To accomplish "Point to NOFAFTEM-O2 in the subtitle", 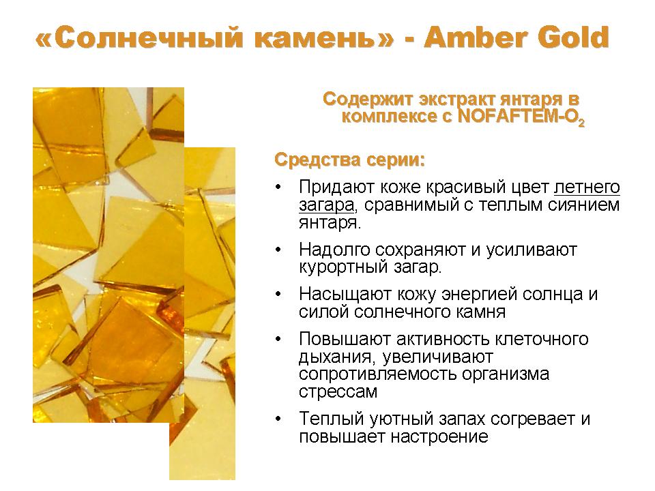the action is (521, 117).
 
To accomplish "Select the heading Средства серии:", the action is (349, 160).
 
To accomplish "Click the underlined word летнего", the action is (587, 187).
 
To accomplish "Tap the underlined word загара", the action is (327, 205).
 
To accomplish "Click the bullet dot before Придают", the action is (278, 187).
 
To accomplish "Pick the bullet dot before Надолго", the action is (278, 250).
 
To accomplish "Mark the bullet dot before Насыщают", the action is (278, 295).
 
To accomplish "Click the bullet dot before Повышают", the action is (278, 339).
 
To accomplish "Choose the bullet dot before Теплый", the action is (278, 419).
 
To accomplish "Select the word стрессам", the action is (338, 392).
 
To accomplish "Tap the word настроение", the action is (439, 436).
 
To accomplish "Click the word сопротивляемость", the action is (377, 374).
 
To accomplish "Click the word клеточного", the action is (542, 339).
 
